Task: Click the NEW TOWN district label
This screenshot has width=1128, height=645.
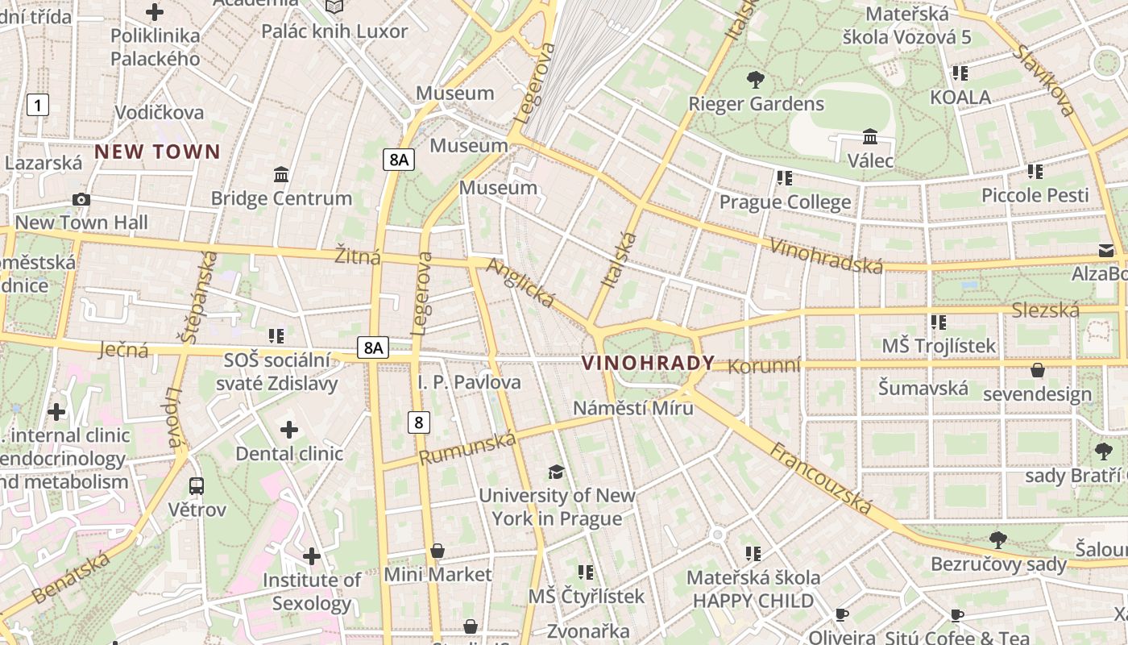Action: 157,152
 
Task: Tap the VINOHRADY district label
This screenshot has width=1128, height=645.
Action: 648,363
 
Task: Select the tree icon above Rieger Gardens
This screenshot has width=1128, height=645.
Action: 755,80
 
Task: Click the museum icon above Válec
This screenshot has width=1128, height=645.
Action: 870,137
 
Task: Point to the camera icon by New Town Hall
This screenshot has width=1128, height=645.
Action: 81,199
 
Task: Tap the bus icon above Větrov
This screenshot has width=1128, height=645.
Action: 197,486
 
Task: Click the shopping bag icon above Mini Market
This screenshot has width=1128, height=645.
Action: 437,551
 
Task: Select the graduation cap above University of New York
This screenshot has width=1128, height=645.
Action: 556,472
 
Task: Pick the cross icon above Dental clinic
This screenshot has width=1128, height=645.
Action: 288,430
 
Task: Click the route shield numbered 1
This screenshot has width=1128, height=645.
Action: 37,104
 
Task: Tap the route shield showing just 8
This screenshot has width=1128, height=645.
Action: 418,421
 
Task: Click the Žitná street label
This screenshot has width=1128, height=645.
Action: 358,257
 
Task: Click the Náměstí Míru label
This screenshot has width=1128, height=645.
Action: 632,408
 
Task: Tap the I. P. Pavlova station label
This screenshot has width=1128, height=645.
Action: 469,382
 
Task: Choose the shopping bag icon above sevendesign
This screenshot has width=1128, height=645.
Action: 1038,370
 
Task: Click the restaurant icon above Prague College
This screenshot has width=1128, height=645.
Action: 784,178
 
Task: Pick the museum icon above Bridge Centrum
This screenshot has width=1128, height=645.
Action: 281,174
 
